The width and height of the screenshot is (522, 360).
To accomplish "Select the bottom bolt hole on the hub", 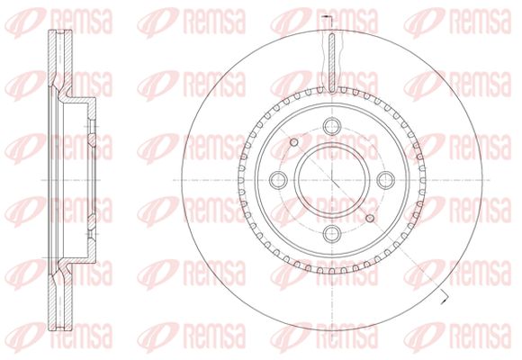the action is coord(332,233).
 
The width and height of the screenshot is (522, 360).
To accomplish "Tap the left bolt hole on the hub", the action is coord(278,180).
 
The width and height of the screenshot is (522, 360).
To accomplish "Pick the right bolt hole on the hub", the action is coord(386,180).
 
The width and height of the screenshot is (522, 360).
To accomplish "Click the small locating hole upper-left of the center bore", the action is coord(294,142).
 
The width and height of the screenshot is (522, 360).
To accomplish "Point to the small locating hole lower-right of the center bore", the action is coord(370,218).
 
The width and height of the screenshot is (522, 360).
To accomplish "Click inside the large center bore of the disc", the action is coord(332,180).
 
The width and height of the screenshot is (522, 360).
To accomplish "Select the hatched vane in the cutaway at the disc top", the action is coord(332,63).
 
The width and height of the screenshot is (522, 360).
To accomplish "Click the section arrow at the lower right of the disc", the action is coord(444,297).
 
